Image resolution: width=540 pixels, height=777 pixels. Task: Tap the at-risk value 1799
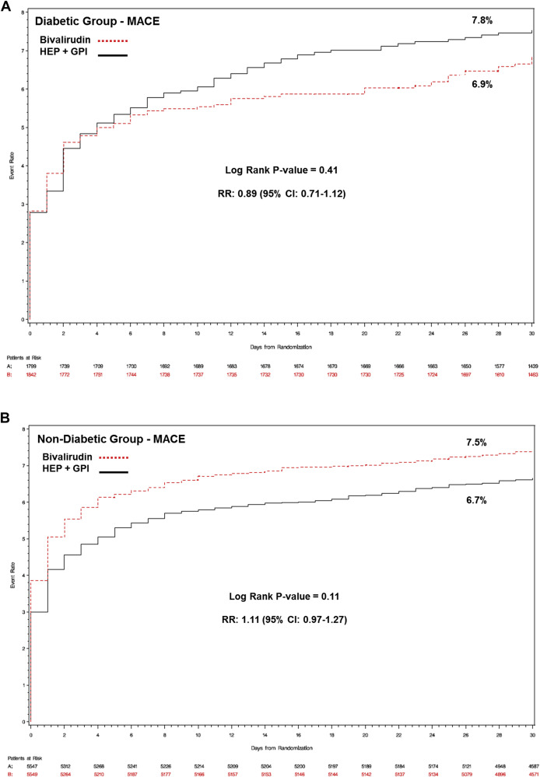pyautogui.click(x=31, y=365)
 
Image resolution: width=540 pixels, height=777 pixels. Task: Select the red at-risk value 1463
pyautogui.click(x=531, y=375)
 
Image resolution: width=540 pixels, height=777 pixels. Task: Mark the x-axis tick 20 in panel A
pyautogui.click(x=365, y=331)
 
